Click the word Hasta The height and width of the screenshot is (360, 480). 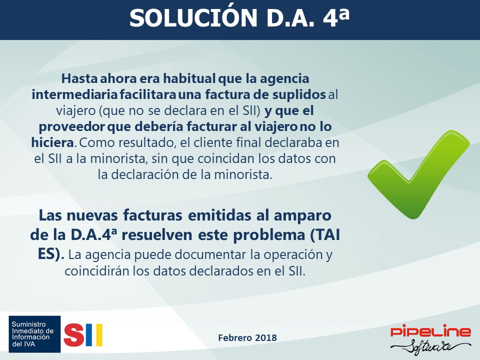pos(79,78)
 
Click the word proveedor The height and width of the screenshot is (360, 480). pos(72,127)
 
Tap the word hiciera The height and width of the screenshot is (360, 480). pos(52,142)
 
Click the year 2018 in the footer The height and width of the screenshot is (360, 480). pos(265,337)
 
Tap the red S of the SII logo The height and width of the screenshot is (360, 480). pos(74,335)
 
